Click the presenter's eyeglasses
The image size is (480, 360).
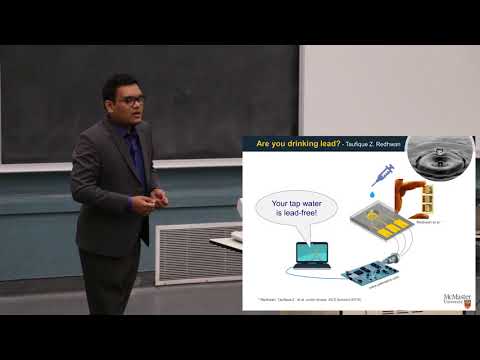click(x=131, y=101)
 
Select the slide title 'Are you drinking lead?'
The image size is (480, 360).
click(x=296, y=143)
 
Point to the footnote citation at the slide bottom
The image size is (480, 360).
click(x=310, y=297)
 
